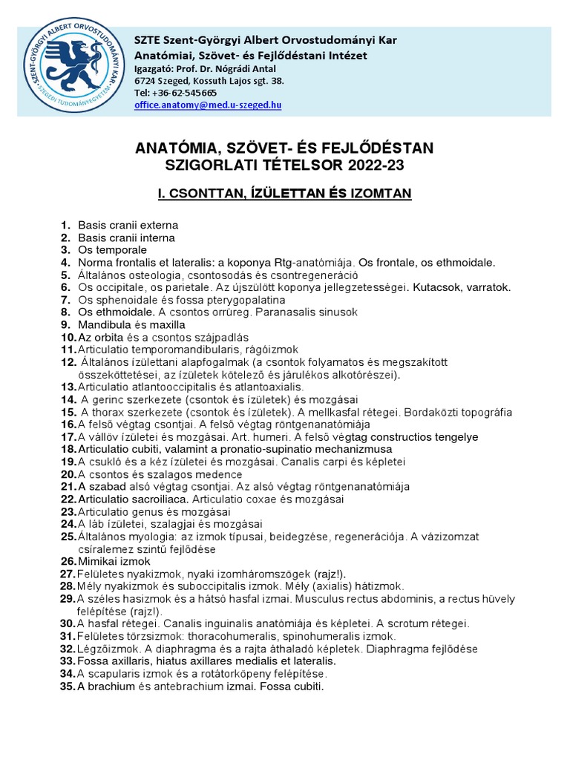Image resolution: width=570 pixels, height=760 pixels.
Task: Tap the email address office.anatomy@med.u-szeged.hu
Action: click(208, 105)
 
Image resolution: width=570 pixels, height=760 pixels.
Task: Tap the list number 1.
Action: click(65, 225)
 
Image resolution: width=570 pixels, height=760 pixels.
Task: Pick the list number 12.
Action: click(68, 362)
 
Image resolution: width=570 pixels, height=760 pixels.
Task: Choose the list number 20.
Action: click(68, 474)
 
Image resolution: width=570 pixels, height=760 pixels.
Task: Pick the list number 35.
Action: click(68, 687)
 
